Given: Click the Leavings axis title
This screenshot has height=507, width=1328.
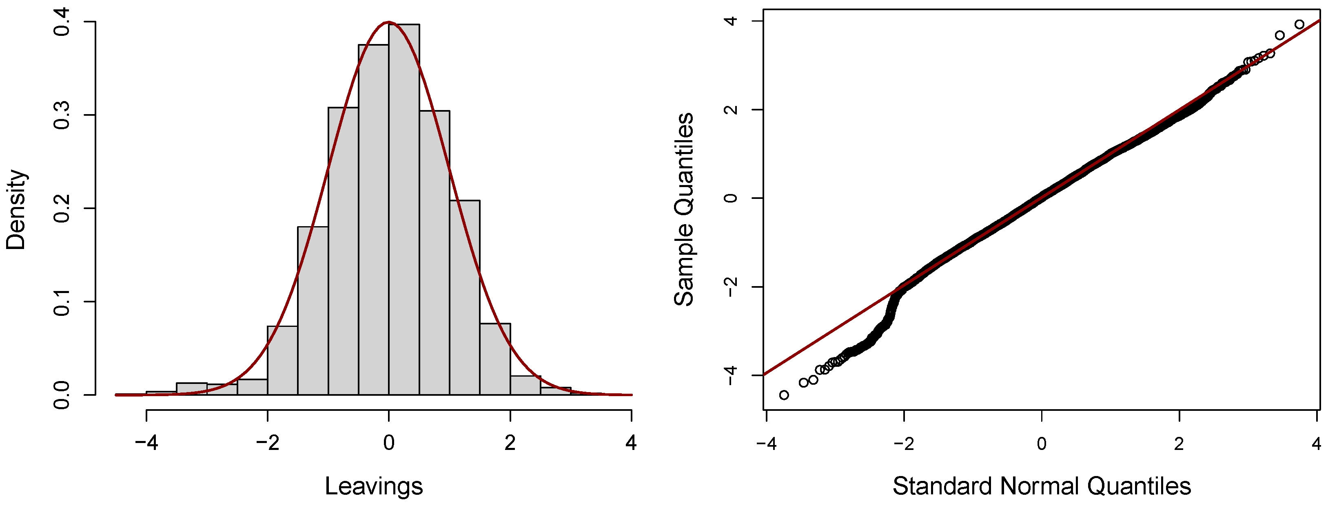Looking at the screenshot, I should [x=374, y=486].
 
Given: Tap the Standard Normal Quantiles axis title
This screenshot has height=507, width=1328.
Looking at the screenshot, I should [x=1041, y=486].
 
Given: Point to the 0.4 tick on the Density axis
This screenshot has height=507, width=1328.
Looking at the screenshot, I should [x=62, y=22].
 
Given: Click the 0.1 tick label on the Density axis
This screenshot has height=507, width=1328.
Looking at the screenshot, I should [x=62, y=302].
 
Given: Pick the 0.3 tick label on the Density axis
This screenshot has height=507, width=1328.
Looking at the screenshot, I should [x=62, y=115].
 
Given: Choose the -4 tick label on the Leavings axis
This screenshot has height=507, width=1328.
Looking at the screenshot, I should [x=146, y=442].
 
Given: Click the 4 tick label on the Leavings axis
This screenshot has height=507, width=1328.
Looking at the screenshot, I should [x=631, y=442].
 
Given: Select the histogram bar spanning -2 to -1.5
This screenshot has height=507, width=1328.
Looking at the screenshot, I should [x=282, y=361].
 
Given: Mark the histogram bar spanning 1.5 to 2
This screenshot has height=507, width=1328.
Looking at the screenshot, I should [x=495, y=359].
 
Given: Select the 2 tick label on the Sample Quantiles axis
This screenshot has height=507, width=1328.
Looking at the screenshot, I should [x=731, y=109].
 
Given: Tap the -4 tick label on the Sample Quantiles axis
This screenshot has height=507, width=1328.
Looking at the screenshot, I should [x=731, y=376].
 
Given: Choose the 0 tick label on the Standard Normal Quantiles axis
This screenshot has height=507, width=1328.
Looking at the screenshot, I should [x=1041, y=443].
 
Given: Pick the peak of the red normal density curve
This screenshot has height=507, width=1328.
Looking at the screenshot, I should [x=389, y=22].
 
